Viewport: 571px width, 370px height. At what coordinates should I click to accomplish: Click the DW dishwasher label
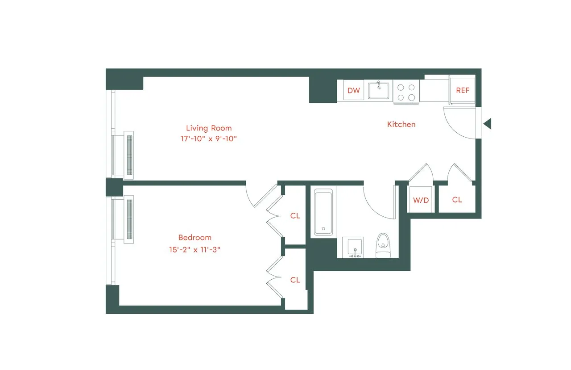353,91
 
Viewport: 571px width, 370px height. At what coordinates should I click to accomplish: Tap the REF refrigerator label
463,90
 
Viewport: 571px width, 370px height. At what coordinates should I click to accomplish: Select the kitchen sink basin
378,91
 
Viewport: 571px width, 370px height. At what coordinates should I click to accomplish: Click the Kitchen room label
401,125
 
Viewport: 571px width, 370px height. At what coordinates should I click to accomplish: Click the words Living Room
209,128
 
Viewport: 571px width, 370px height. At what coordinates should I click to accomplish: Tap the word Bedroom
195,238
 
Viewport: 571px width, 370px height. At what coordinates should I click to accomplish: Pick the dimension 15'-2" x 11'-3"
195,249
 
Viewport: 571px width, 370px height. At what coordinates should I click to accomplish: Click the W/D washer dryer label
421,200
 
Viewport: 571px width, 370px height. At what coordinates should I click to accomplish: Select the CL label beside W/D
457,200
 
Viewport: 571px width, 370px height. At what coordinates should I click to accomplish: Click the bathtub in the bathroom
323,212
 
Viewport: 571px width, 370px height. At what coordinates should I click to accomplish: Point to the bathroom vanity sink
353,247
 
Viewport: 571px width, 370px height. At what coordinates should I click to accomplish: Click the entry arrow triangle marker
488,124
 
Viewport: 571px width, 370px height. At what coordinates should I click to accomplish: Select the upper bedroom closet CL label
295,216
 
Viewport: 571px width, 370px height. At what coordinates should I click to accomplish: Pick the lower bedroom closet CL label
295,280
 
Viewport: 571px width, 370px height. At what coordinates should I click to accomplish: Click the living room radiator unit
128,155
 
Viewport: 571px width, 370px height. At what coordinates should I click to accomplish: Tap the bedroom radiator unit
128,219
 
